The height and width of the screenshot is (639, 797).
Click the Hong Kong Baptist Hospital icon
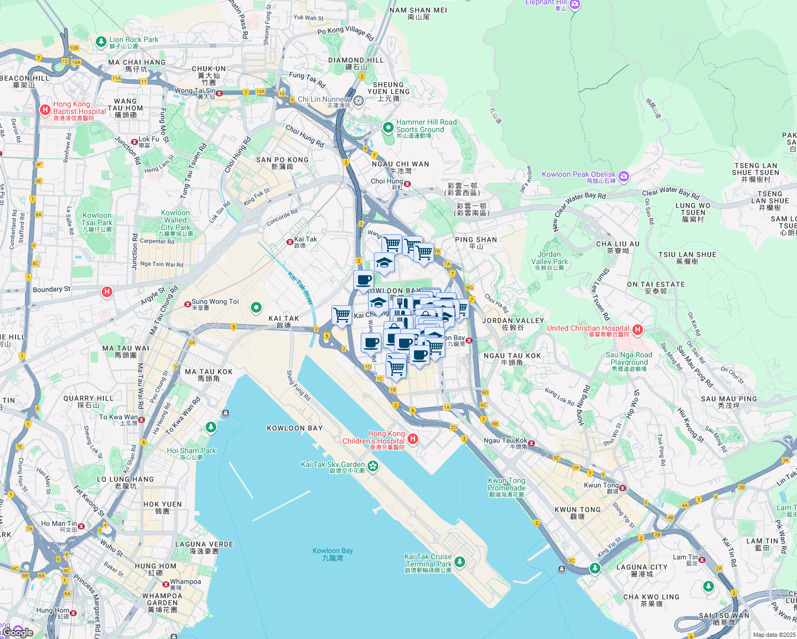(x=45, y=110)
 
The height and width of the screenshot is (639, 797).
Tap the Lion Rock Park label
(x=134, y=40)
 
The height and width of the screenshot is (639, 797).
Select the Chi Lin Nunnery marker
(x=359, y=100)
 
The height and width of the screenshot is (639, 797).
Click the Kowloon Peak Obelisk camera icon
(x=624, y=176)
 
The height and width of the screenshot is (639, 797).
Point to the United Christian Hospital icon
(x=637, y=330)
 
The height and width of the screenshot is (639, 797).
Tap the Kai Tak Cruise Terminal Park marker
(x=460, y=562)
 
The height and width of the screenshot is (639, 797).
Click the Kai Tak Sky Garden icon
(x=373, y=466)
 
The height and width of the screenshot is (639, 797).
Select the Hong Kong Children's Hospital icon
(x=413, y=439)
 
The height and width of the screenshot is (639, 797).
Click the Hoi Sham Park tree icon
(x=211, y=428)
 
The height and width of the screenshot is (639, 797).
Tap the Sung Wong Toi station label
(x=215, y=302)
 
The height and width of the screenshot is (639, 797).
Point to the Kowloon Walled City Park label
(x=176, y=220)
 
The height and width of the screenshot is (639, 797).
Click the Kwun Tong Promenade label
(x=507, y=485)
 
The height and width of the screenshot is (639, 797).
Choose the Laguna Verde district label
(x=205, y=545)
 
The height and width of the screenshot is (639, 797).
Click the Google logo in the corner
(x=18, y=632)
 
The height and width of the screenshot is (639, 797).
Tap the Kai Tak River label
(x=301, y=288)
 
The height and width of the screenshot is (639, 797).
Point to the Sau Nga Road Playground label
(x=629, y=359)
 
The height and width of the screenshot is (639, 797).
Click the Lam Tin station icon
(x=702, y=560)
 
